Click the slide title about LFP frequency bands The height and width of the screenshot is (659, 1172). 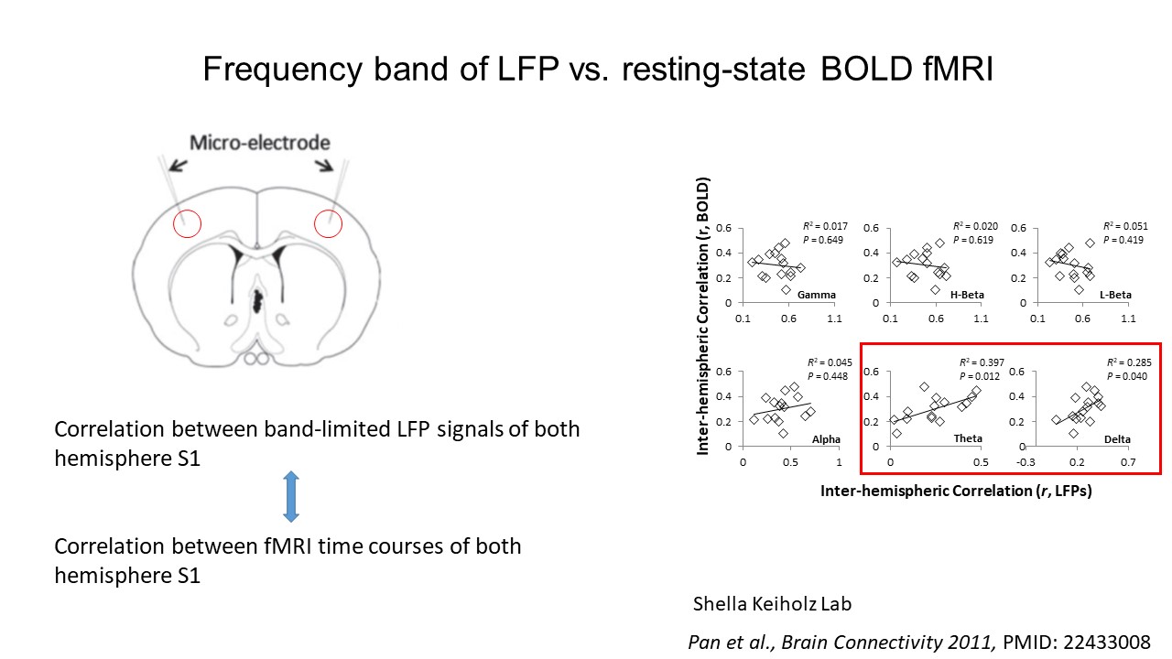coord(597,69)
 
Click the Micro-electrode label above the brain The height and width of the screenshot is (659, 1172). coord(259,143)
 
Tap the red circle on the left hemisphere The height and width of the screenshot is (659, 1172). coord(187,223)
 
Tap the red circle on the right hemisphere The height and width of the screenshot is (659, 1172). coord(328,222)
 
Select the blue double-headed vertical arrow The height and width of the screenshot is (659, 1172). coord(290,497)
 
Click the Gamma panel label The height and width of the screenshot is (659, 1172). coord(816,296)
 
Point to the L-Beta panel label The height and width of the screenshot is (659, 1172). coord(1115,296)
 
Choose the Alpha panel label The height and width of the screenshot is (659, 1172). coord(826,439)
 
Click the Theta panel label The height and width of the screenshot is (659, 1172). coord(968,439)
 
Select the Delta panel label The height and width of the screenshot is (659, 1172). coord(1117,439)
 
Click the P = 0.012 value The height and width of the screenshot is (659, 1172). coord(982,376)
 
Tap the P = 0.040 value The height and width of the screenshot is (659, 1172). coord(1129,376)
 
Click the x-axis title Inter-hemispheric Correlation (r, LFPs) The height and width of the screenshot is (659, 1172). coord(956,491)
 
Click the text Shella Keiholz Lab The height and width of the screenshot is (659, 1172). coord(773,604)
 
